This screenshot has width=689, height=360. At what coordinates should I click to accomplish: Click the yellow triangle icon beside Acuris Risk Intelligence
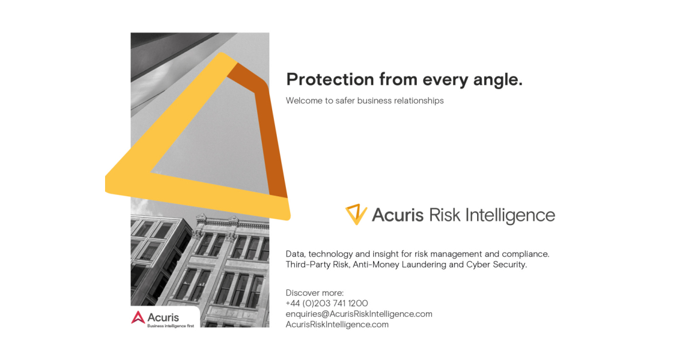pos(356,214)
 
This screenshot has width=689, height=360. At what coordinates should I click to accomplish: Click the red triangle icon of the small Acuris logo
pos(138,317)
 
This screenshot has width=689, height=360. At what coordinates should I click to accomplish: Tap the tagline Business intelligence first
pos(171,326)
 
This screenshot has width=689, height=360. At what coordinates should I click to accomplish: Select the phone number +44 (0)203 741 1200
pos(327,303)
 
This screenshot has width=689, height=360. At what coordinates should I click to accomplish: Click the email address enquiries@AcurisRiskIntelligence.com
pos(359,314)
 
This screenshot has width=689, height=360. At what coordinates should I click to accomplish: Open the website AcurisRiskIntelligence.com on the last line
pos(337,324)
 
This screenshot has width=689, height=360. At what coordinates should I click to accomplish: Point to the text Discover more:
pos(315,293)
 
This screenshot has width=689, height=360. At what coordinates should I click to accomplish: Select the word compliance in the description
pos(525,254)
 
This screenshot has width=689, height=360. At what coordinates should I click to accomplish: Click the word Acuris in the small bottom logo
pos(163,317)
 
